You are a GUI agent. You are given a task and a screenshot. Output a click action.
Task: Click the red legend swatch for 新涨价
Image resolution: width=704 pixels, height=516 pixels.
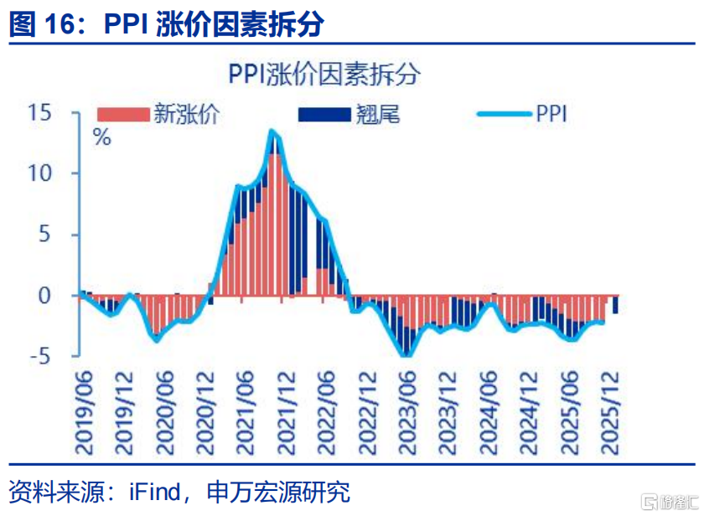[x=123, y=115]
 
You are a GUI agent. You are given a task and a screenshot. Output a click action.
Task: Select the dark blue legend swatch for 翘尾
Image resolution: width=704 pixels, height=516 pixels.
[x=324, y=115]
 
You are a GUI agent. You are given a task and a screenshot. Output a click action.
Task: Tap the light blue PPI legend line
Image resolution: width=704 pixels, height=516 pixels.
[x=505, y=114]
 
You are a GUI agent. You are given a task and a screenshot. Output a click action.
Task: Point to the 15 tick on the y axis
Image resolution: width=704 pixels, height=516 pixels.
[x=39, y=112]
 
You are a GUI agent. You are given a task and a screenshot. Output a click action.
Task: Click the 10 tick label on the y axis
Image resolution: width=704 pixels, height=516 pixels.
[x=39, y=173]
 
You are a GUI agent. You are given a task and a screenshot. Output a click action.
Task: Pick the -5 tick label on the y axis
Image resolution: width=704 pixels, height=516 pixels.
[x=40, y=357]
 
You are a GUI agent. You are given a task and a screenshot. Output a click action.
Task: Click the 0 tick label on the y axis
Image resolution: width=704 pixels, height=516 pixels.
[x=44, y=296]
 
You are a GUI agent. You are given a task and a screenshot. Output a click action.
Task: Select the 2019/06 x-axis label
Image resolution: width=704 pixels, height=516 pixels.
[x=84, y=413]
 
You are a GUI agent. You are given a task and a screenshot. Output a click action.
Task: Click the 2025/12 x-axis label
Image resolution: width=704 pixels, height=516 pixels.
[x=610, y=413]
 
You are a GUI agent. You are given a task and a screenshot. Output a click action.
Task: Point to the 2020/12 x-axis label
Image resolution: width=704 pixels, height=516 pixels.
[x=205, y=413]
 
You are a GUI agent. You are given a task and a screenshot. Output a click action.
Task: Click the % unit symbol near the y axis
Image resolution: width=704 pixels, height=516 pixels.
[x=102, y=137]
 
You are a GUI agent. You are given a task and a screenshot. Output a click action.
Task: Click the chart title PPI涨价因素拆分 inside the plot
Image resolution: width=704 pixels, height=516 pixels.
[x=324, y=74]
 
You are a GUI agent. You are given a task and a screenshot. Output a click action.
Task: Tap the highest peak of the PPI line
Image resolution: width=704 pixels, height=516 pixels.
[x=272, y=131]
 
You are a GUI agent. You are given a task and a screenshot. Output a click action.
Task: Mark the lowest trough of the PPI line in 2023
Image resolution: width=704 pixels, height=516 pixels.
[x=406, y=356]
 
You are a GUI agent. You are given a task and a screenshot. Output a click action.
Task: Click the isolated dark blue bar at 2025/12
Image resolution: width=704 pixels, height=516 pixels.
[x=615, y=305]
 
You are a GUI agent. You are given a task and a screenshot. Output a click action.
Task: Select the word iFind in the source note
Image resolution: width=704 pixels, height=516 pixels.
[x=155, y=492]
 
